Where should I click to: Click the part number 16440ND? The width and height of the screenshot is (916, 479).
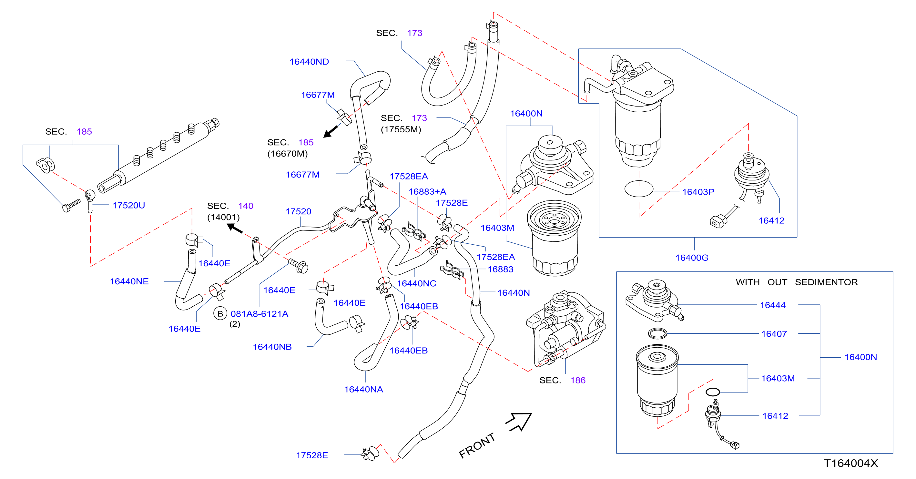click(x=309, y=62)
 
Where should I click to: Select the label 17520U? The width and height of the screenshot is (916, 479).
click(x=129, y=206)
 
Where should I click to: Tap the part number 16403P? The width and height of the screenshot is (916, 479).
click(x=698, y=192)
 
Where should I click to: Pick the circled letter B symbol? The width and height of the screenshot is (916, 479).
click(x=220, y=314)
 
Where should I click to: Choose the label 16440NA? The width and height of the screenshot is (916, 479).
click(x=363, y=390)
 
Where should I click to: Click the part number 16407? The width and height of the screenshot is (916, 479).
click(x=774, y=334)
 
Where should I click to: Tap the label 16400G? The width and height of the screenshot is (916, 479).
click(x=692, y=258)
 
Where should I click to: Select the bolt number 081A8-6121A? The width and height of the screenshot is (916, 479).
click(x=259, y=314)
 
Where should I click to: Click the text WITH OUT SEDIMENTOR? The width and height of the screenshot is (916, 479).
click(x=797, y=282)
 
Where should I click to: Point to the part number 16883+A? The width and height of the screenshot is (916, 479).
click(x=427, y=192)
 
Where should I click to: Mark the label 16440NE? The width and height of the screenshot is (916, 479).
click(x=129, y=282)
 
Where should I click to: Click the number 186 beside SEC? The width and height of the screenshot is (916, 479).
click(x=578, y=381)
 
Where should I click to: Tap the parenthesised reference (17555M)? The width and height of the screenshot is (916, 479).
click(x=401, y=129)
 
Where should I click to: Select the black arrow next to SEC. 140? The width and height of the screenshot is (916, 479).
click(x=235, y=228)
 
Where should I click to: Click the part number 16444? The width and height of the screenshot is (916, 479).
click(x=773, y=305)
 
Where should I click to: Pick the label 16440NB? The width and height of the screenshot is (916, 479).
click(x=272, y=347)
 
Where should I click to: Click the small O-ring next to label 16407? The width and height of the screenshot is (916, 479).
click(x=657, y=333)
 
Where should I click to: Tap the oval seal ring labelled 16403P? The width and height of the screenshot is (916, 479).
click(x=639, y=189)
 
